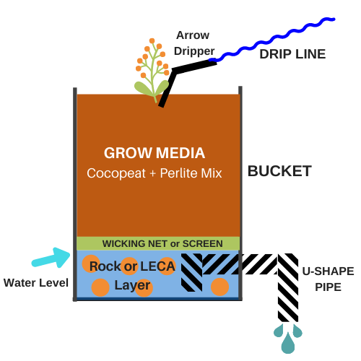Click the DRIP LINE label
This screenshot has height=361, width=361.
(x=292, y=54)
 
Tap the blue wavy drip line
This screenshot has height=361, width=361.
(x=272, y=40)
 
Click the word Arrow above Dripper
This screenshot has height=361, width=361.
(x=193, y=35)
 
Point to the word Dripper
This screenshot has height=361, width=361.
(x=194, y=51)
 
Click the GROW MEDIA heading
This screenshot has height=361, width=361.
(x=155, y=153)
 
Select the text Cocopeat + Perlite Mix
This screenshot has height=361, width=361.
(x=155, y=173)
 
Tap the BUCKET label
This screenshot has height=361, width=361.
(x=279, y=171)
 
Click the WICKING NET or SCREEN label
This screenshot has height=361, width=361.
(x=162, y=243)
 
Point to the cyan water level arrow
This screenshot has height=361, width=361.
(x=51, y=258)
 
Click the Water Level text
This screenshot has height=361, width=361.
(x=36, y=283)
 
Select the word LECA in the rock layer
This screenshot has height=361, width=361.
(x=157, y=266)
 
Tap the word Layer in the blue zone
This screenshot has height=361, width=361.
(x=132, y=286)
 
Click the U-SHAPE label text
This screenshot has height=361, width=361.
(x=328, y=271)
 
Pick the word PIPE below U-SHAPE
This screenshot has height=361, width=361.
(x=328, y=287)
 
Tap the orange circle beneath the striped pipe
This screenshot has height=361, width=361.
(x=219, y=287)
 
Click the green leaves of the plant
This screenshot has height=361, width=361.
(x=152, y=89)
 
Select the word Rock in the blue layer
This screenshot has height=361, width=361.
(x=105, y=266)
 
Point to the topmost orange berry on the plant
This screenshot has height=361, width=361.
(x=152, y=41)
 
